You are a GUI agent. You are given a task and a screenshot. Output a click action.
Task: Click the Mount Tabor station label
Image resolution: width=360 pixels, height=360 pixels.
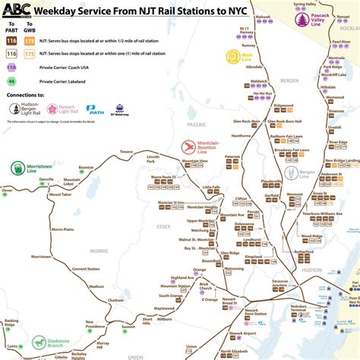point(60,195)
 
